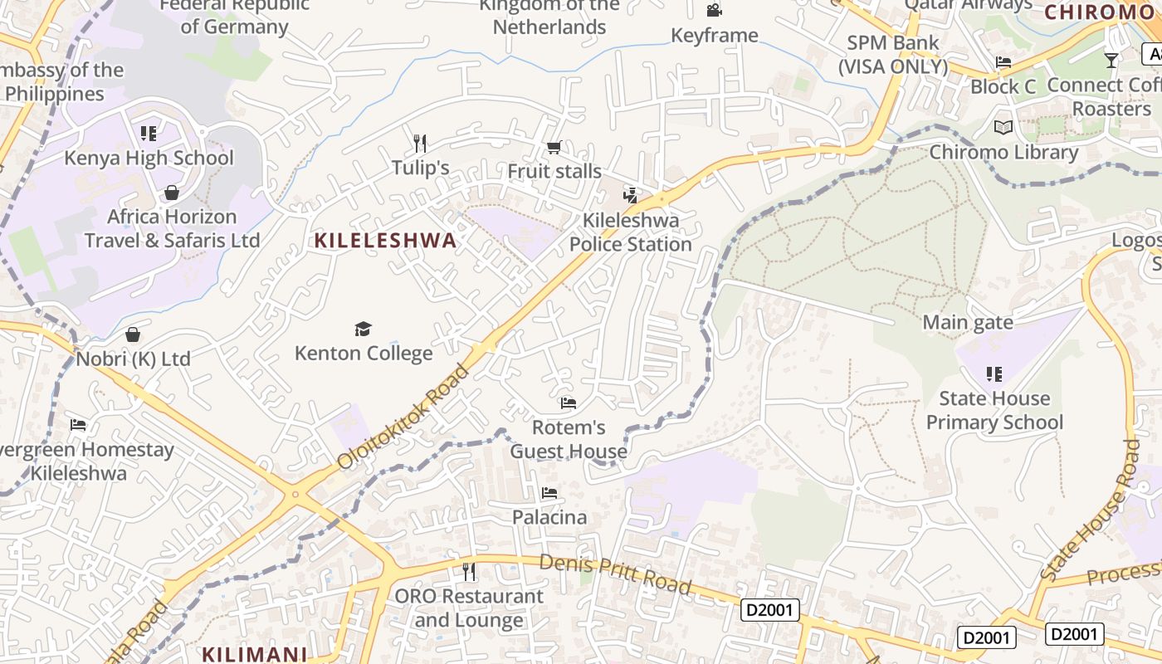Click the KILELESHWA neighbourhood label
[x=385, y=241]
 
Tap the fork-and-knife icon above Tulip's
[x=420, y=144]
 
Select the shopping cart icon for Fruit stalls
[x=554, y=148]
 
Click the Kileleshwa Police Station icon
[x=631, y=196]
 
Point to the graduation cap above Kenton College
[x=363, y=329]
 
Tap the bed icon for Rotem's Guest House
[x=569, y=403]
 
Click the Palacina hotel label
[x=549, y=517]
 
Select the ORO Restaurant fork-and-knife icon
[x=469, y=571]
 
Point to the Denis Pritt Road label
[x=615, y=574]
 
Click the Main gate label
[x=968, y=322]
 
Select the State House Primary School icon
[x=994, y=374]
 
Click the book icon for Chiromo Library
[x=1003, y=128]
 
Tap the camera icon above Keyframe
[x=714, y=10]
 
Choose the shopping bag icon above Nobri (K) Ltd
[x=133, y=334]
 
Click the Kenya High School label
[x=149, y=158]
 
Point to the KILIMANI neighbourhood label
[x=255, y=654]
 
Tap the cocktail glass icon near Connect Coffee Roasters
[x=1111, y=60]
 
